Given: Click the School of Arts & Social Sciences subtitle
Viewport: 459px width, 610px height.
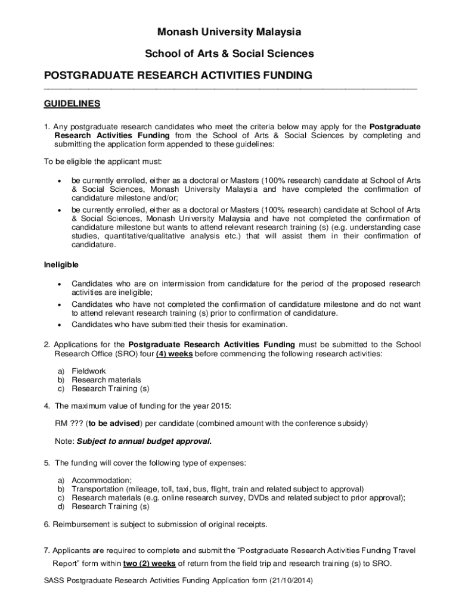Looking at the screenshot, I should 229,54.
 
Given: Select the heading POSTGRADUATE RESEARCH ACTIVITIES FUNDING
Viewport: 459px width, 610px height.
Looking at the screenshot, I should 178,76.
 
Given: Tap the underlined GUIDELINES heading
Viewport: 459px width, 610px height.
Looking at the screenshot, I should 72,104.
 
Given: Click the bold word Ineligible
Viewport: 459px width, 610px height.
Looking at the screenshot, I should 61,264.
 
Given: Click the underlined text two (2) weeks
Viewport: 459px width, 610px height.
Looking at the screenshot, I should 150,564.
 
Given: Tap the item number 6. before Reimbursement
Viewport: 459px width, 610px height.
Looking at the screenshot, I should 48,525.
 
